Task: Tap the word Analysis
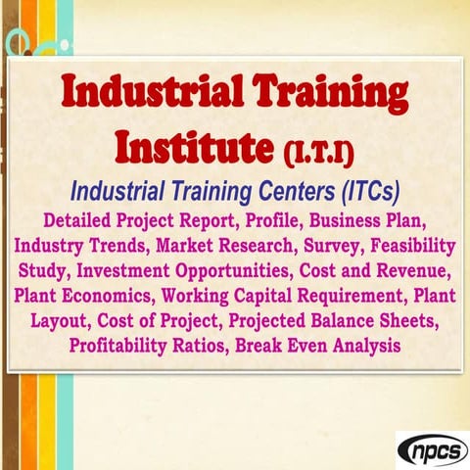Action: pos(358,345)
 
